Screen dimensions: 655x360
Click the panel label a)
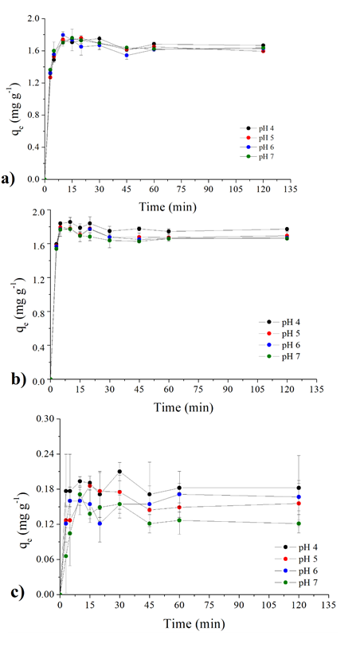pyautogui.click(x=11, y=178)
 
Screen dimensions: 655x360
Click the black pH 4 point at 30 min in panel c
pyautogui.click(x=119, y=472)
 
